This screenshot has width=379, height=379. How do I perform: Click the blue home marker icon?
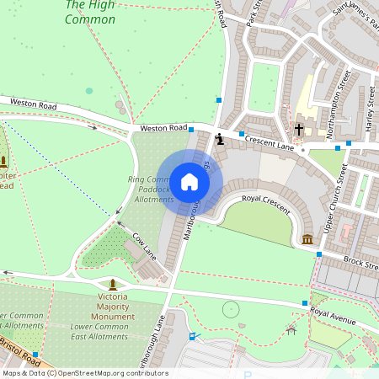[x=189, y=182]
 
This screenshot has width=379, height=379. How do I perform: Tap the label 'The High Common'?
[x=89, y=13]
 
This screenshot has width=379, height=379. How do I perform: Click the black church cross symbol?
[x=299, y=130]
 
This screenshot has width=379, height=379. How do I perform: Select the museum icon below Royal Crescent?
[x=307, y=240]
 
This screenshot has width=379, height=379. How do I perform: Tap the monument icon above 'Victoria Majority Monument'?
[x=113, y=284]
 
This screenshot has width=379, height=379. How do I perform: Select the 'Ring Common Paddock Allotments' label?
[x=149, y=189]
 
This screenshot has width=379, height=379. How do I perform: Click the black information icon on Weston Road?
[x=219, y=139]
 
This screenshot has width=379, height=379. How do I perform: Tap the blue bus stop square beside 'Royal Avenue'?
[x=305, y=303]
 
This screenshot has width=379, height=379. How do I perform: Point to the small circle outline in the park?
[x=230, y=309]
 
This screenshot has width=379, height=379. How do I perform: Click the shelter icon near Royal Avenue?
[x=291, y=330]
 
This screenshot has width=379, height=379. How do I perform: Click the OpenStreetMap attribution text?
[x=84, y=373]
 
